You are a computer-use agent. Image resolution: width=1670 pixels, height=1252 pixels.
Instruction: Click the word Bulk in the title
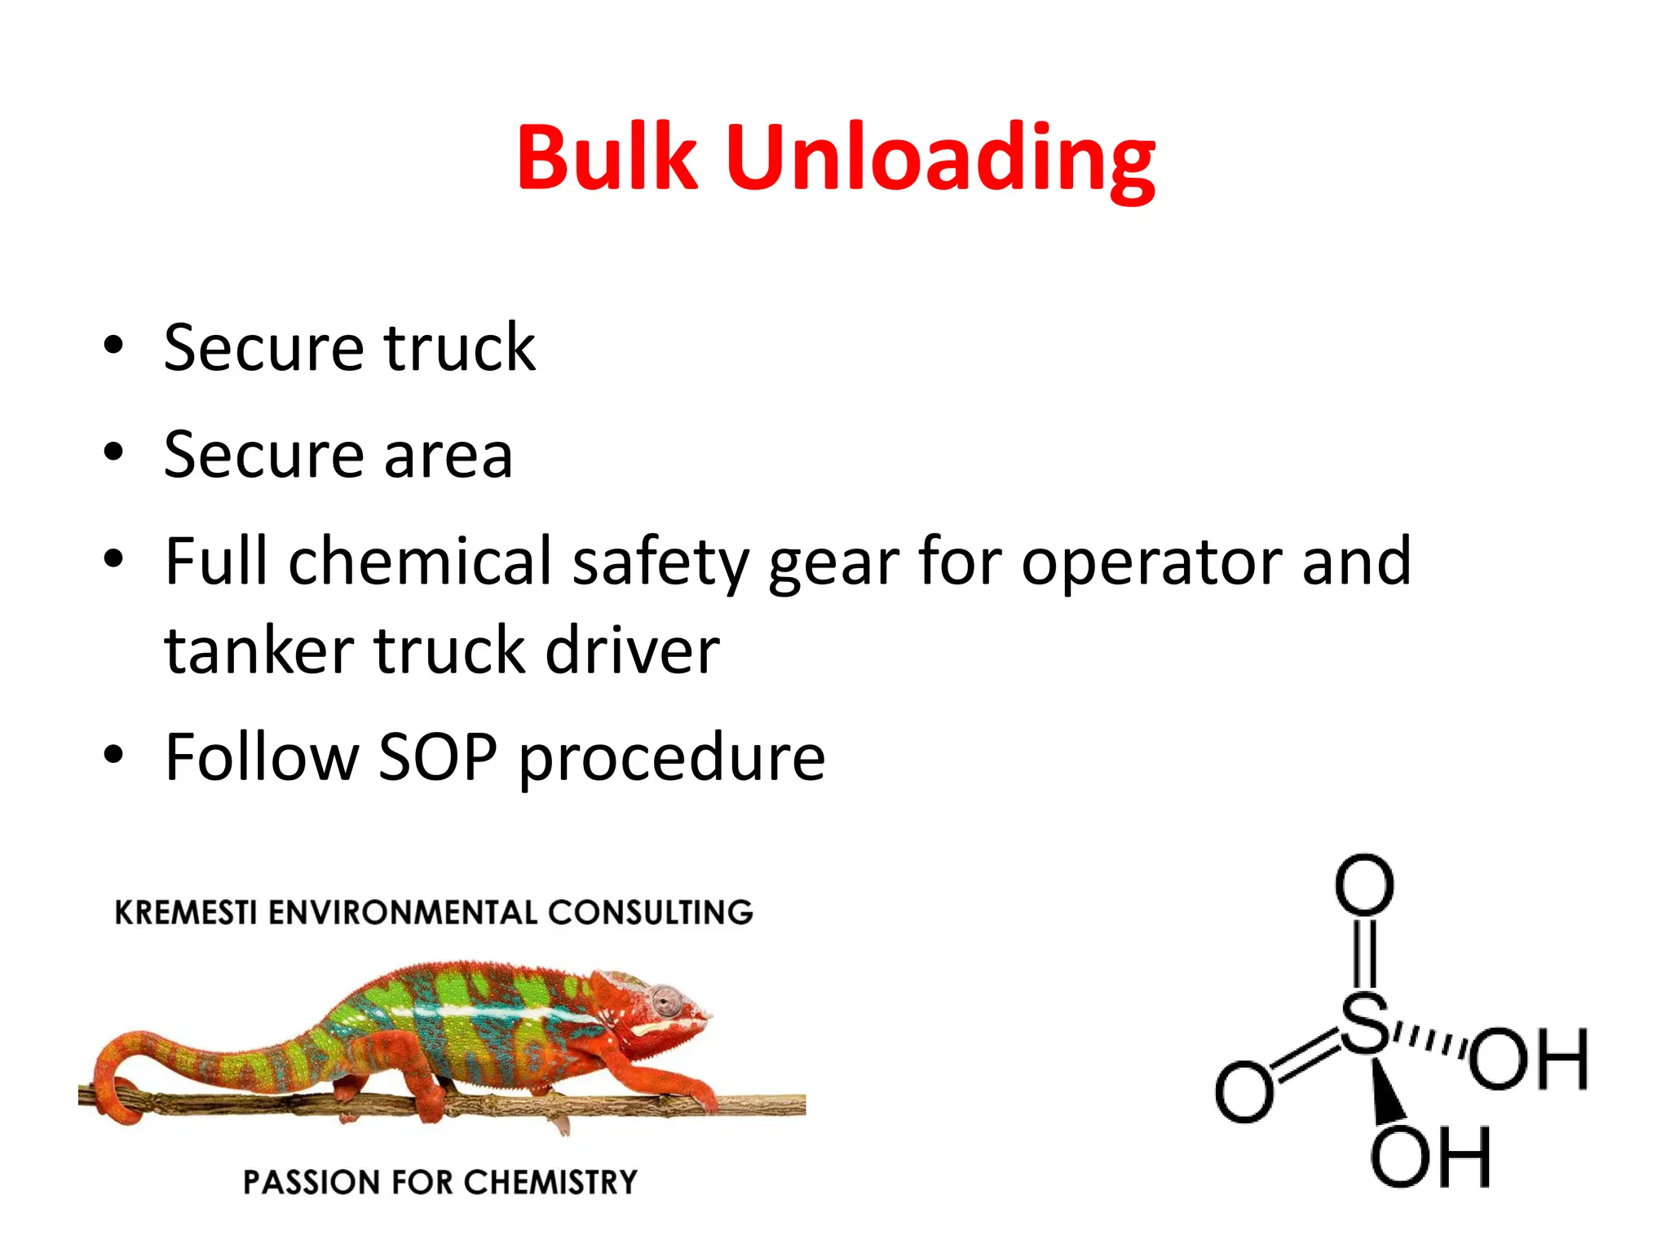point(607,157)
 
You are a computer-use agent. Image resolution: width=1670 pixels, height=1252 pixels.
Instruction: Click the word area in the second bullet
point(448,455)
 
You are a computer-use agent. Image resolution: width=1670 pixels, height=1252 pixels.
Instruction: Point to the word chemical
point(420,562)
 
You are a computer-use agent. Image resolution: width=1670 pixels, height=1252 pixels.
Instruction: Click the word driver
point(632,651)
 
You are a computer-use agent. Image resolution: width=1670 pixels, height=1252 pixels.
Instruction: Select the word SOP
point(438,757)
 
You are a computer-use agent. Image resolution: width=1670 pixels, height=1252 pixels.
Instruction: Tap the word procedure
point(672,759)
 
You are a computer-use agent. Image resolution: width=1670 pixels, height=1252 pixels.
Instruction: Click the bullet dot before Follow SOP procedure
point(113,755)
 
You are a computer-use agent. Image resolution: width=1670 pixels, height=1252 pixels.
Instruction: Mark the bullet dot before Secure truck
point(113,345)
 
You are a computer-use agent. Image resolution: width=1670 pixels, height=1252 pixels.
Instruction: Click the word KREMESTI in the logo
point(186,913)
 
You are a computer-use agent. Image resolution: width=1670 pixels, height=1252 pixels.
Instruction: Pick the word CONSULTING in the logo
point(650,913)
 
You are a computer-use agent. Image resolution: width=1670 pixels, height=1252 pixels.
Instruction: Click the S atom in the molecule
point(1364,1023)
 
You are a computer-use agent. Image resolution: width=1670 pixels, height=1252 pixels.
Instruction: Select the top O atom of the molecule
point(1364,884)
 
